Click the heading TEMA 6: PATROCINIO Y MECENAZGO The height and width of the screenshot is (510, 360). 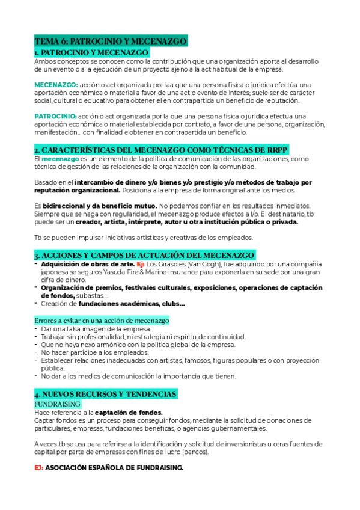(x=111, y=41)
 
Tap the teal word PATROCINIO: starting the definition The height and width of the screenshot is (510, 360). (x=55, y=116)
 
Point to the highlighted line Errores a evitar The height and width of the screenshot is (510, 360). (x=102, y=321)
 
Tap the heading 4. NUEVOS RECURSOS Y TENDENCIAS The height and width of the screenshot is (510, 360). (x=106, y=394)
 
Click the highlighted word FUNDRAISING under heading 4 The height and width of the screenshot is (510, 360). (x=58, y=404)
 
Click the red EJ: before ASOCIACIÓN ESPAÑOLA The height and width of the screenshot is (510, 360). (x=39, y=467)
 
